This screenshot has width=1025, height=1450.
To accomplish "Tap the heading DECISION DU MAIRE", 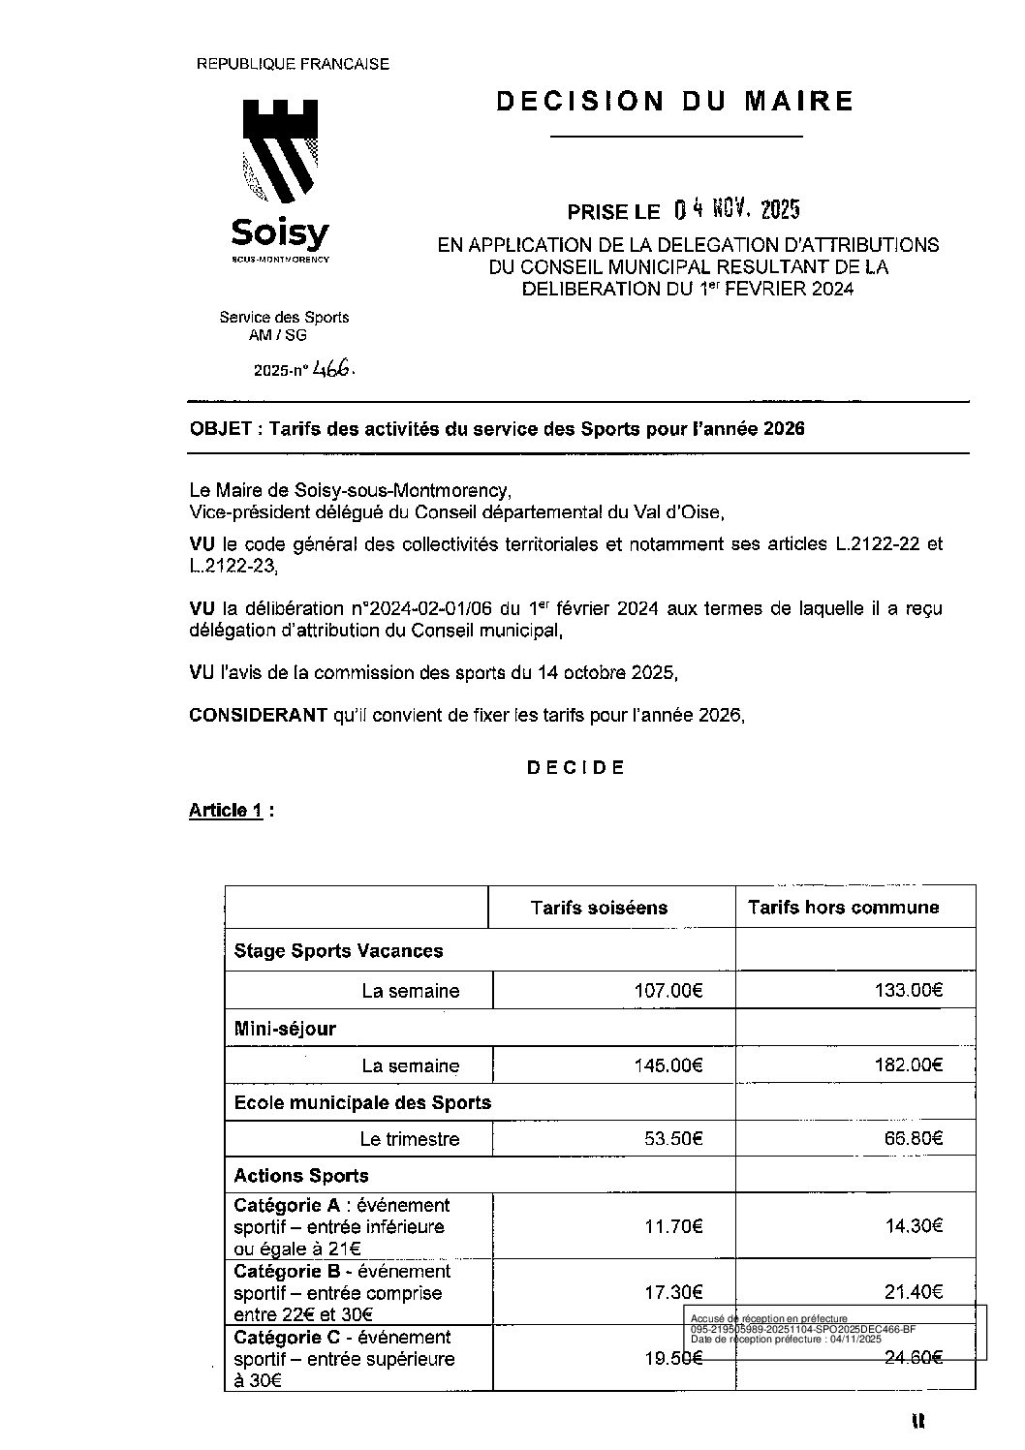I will click(675, 101).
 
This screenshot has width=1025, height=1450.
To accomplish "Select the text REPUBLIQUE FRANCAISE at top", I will click(293, 65).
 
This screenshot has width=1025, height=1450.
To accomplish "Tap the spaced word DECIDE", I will click(575, 768).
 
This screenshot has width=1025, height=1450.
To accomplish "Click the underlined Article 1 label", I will click(226, 811).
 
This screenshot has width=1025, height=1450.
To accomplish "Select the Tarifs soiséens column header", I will click(599, 908).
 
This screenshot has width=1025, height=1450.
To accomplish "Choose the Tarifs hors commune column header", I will click(843, 908).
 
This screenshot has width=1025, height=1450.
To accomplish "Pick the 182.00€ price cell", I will click(913, 1065).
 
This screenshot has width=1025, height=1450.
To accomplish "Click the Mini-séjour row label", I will click(285, 1029).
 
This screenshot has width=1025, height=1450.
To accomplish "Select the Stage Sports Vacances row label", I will click(338, 951).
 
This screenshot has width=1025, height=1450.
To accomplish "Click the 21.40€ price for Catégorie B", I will click(914, 1291).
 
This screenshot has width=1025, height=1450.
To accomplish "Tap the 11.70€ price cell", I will click(673, 1226).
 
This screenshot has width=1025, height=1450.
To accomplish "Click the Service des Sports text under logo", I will click(284, 317).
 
